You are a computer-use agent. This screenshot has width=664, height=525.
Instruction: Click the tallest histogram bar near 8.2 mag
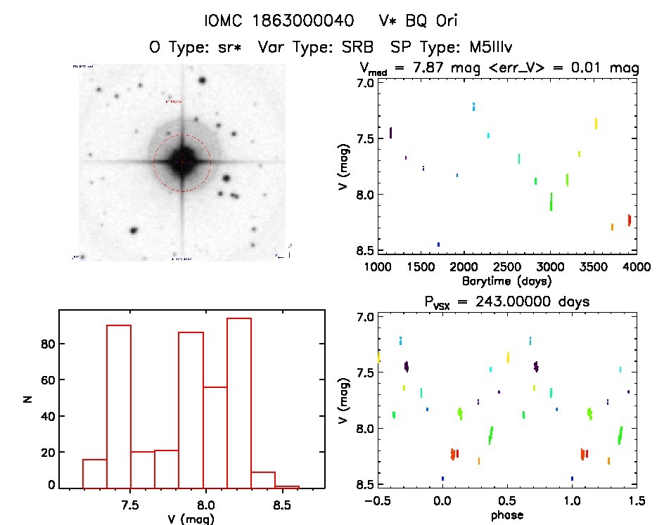tap(239, 403)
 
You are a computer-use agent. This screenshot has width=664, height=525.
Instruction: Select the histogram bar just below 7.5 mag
tap(118, 406)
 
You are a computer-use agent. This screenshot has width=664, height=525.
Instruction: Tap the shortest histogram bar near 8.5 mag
tap(287, 486)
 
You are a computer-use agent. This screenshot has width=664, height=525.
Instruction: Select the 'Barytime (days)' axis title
tap(507, 281)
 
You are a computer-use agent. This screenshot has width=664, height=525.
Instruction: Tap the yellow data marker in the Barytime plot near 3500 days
tap(596, 124)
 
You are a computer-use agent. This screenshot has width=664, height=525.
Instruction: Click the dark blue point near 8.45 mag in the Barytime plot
tap(438, 245)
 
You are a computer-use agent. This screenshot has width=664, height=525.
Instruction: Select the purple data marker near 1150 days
tap(391, 133)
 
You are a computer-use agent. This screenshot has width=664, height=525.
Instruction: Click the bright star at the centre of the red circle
tap(182, 162)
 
